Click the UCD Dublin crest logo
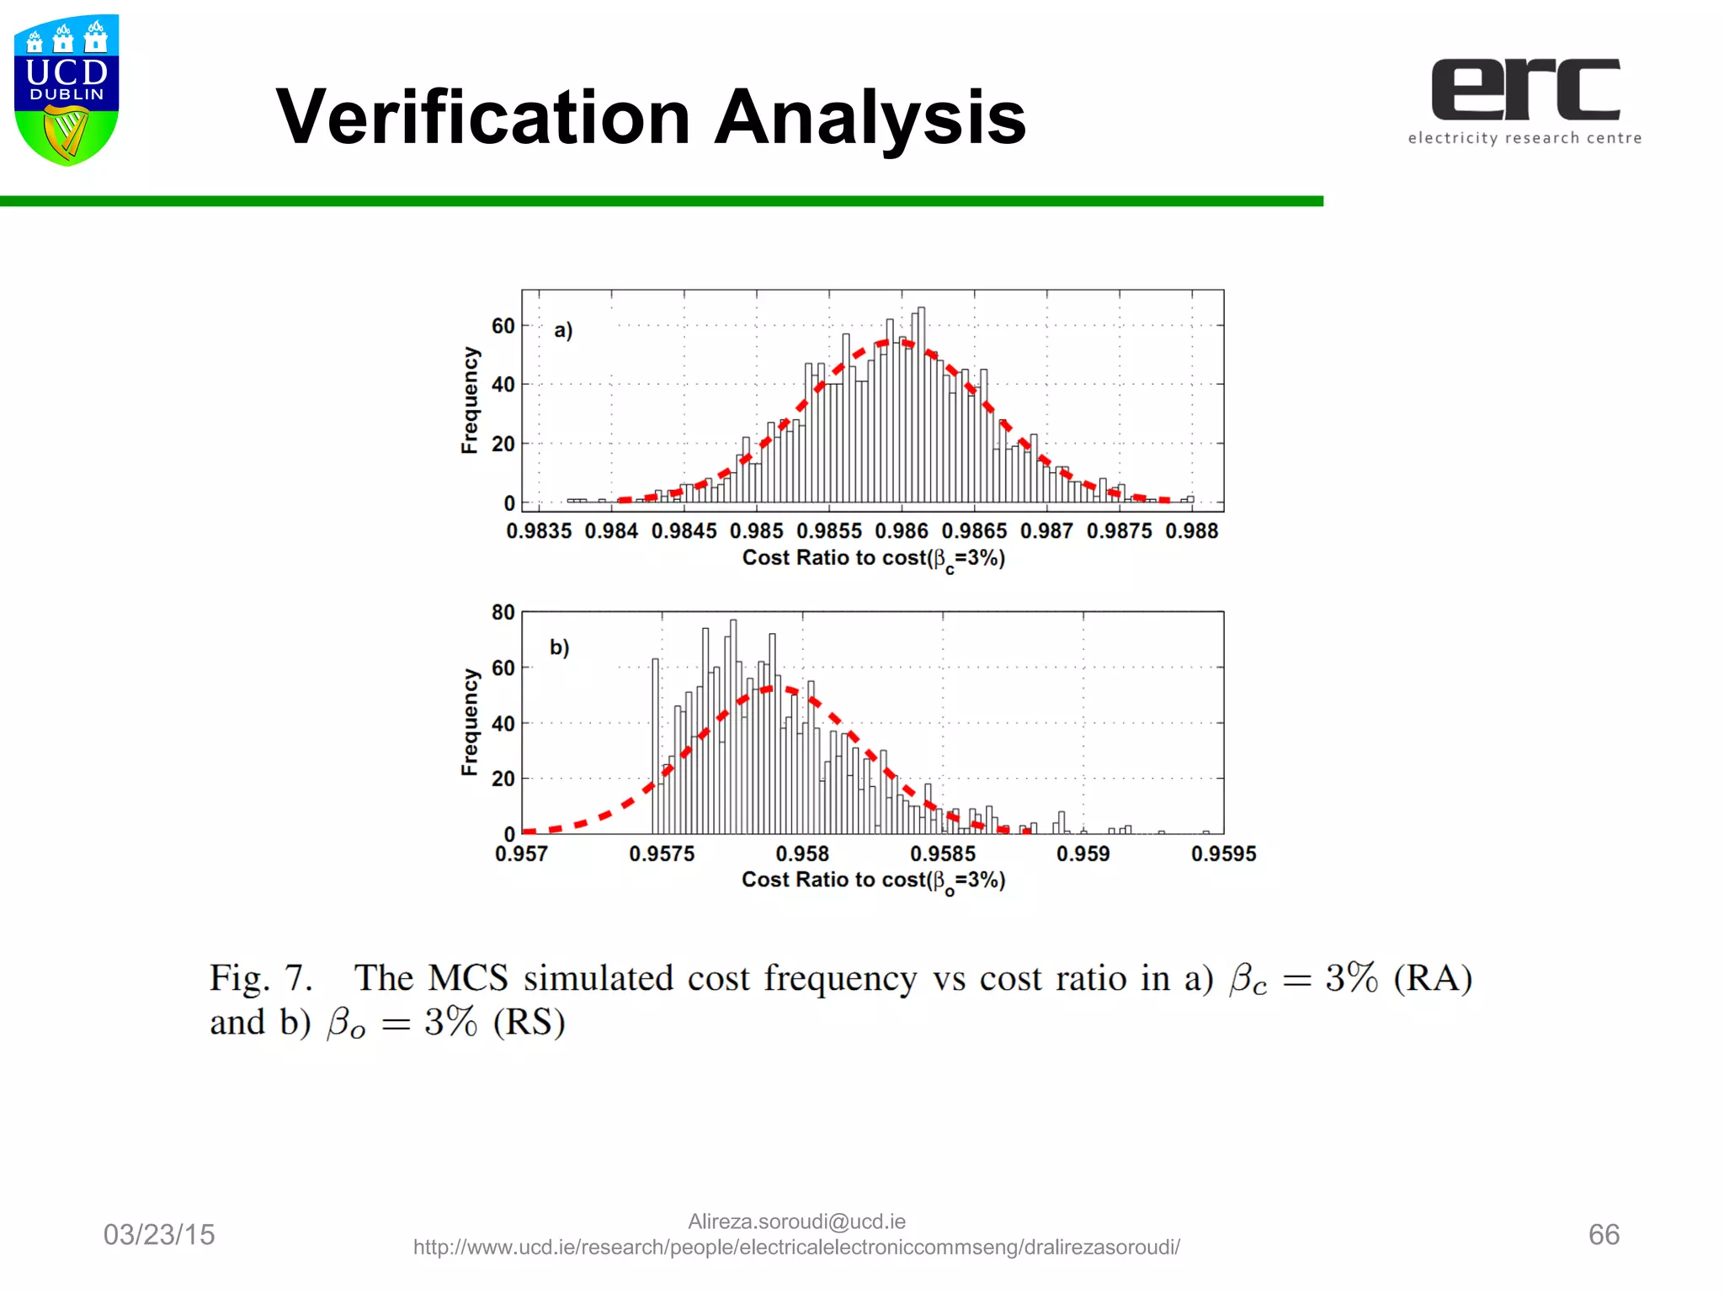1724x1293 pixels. [x=67, y=89]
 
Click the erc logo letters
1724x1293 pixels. [x=1525, y=89]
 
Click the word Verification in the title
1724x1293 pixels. [x=482, y=118]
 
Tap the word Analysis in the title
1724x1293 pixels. [x=870, y=118]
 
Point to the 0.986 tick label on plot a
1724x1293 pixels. [x=901, y=531]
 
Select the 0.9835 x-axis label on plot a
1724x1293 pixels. [x=539, y=531]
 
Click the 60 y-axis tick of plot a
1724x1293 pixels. [x=503, y=327]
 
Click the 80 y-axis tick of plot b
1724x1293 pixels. [x=503, y=613]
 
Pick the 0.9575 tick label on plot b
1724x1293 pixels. [x=662, y=854]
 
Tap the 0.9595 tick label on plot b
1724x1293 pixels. [x=1223, y=854]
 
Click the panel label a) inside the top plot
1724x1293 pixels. [x=563, y=330]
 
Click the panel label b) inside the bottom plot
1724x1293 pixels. [x=560, y=647]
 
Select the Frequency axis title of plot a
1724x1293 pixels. [x=470, y=401]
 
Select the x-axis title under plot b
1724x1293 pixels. [x=873, y=881]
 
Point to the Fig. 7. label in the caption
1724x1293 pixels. [x=261, y=978]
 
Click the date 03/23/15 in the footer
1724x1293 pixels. [x=159, y=1235]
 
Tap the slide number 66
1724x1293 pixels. [x=1604, y=1235]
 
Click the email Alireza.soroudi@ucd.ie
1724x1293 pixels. [x=796, y=1221]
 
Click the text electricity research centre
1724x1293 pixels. [x=1524, y=138]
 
